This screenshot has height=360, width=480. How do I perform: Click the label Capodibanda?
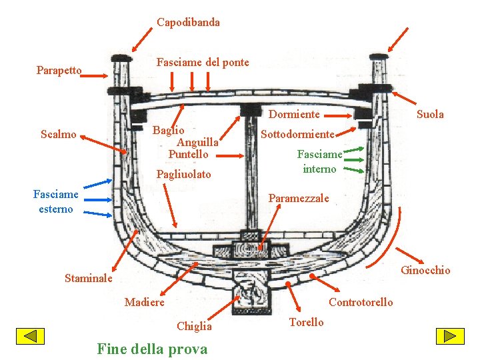point(188,23)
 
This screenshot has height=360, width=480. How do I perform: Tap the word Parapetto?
point(59,70)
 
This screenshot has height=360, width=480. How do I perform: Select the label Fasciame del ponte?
point(203,63)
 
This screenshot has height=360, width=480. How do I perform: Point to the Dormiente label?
point(294,115)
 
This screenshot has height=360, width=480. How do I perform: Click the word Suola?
point(430,114)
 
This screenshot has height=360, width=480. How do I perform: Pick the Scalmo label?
point(58,135)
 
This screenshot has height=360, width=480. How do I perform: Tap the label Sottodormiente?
point(297,134)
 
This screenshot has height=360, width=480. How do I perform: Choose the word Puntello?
point(188,154)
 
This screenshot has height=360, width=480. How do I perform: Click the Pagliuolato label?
point(183,175)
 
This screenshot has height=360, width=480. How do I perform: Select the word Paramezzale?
point(299,198)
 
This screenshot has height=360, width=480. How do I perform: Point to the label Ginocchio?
point(425,270)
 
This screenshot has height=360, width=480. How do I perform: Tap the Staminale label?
point(89,278)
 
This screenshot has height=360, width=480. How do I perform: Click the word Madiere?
point(145,303)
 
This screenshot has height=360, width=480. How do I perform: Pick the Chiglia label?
point(194,326)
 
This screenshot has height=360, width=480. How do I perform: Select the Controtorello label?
point(361,303)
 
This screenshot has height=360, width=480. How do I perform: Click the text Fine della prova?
point(152,348)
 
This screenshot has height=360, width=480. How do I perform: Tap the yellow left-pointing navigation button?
point(30,337)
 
